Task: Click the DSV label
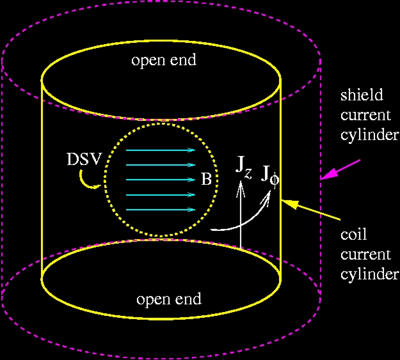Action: [84, 159]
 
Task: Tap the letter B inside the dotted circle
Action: [206, 179]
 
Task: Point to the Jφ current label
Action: [270, 176]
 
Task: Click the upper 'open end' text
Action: [164, 60]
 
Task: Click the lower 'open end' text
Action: [169, 299]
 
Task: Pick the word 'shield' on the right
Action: [362, 95]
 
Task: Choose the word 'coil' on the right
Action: [353, 234]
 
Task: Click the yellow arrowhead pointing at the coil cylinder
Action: [289, 204]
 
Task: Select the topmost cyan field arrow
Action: [161, 150]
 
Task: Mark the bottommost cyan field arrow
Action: [161, 210]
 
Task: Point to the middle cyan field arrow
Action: [161, 180]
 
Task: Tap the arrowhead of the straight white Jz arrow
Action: [241, 188]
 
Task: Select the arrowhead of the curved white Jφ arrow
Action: [267, 197]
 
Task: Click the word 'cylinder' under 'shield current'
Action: [369, 134]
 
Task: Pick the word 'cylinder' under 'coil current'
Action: [369, 274]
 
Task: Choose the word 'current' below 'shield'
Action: [365, 115]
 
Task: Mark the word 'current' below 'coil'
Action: [365, 254]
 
